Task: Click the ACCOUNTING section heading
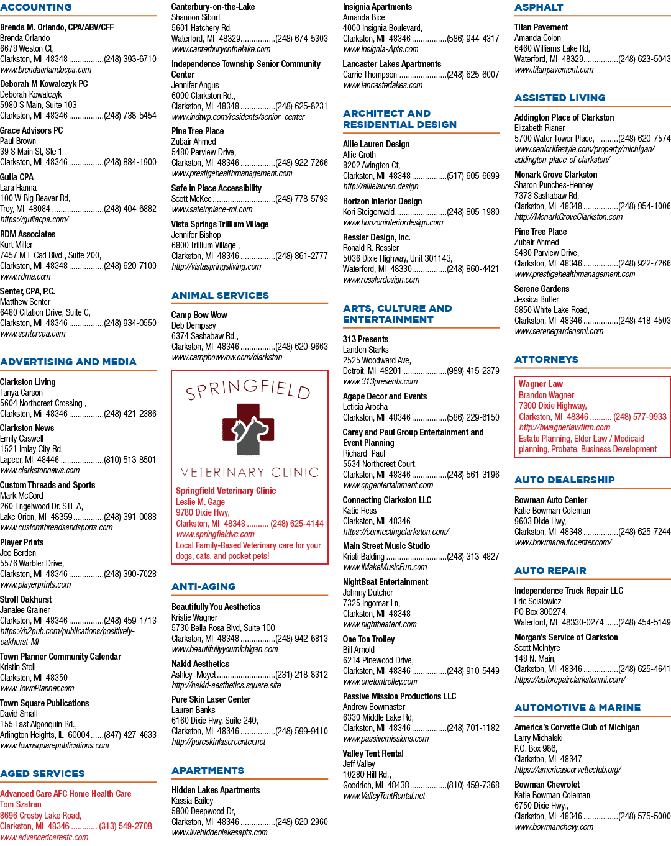tap(36, 7)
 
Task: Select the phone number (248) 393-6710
tap(130, 59)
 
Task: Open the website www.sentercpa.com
tap(33, 334)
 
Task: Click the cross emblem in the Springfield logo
tap(248, 429)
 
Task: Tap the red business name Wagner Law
tap(541, 384)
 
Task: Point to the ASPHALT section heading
tap(539, 7)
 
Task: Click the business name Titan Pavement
tap(541, 27)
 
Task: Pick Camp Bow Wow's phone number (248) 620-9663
tap(302, 347)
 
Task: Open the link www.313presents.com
tap(380, 381)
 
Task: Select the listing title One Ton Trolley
tap(368, 639)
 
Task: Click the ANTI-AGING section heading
tap(203, 586)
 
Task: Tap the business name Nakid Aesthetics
tap(200, 664)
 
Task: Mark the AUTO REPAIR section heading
tap(550, 570)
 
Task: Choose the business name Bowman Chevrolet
tap(547, 785)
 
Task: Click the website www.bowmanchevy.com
tap(554, 827)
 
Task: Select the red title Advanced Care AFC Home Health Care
tap(66, 794)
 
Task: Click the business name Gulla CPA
tap(17, 177)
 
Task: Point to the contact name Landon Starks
tap(365, 350)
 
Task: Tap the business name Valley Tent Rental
tap(373, 753)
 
